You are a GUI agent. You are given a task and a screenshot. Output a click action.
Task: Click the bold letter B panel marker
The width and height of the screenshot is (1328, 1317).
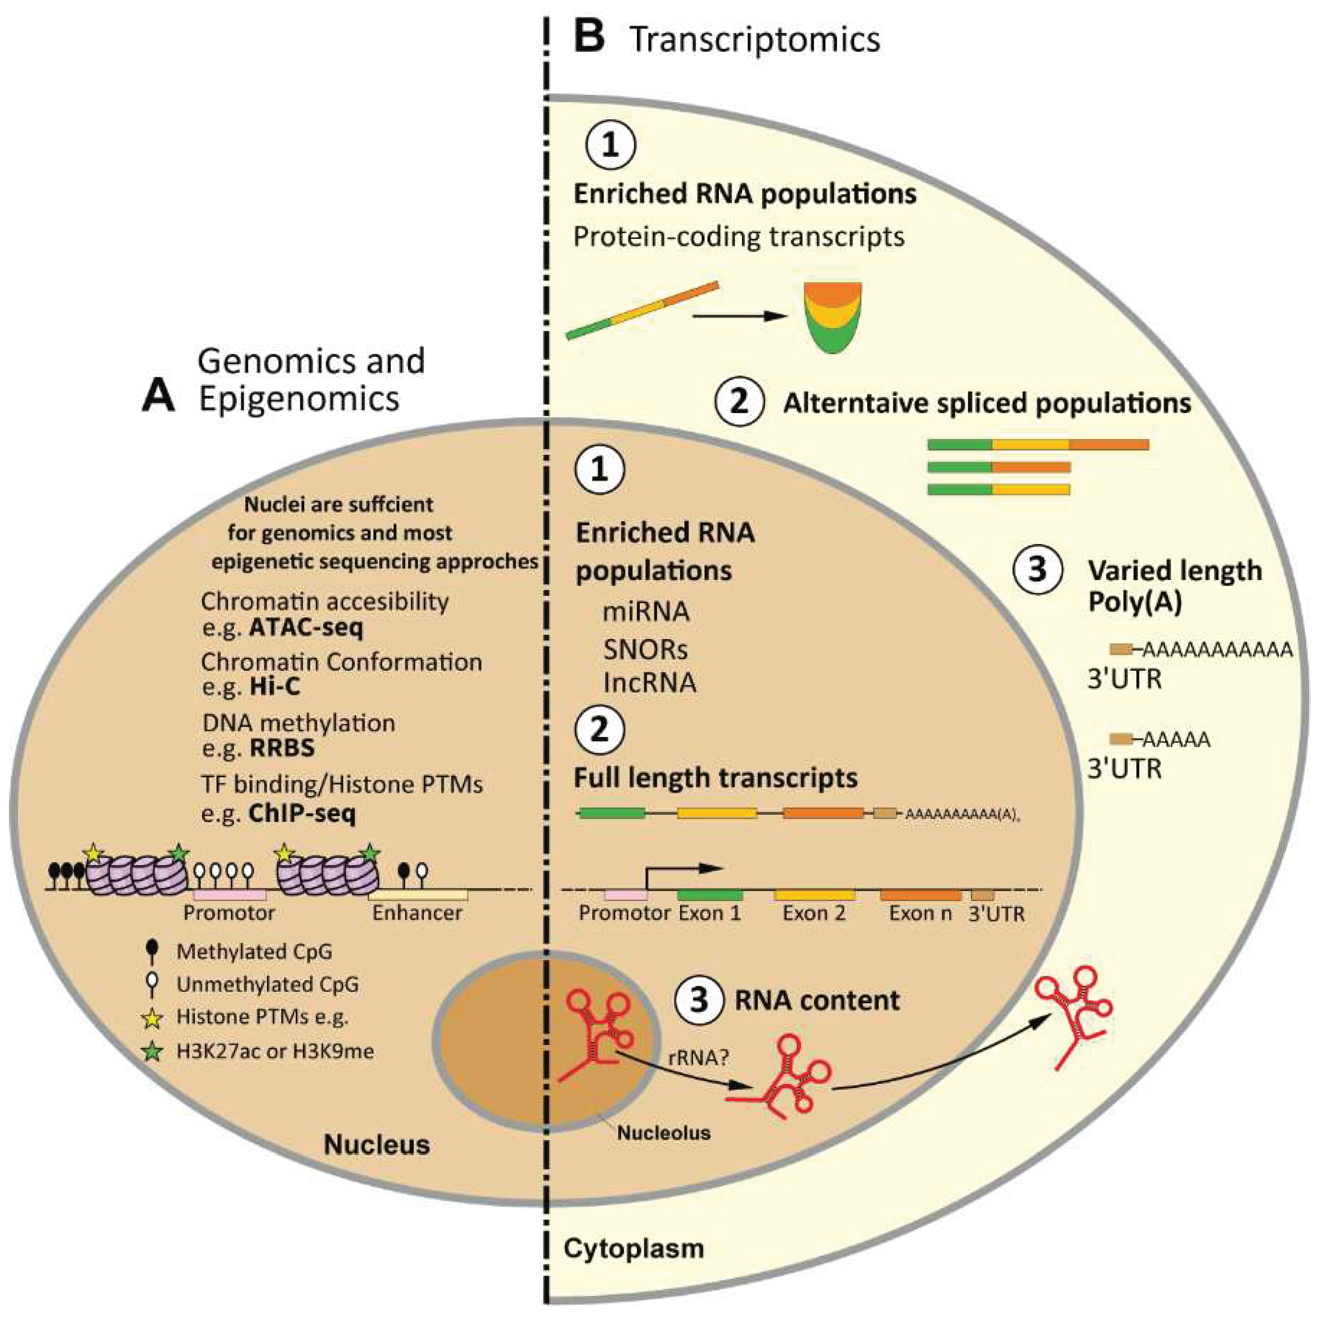tap(589, 38)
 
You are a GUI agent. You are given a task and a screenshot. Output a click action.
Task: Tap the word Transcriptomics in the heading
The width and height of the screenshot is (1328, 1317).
tap(755, 39)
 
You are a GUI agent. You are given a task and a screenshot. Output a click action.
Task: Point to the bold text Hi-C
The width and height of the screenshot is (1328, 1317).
tap(274, 686)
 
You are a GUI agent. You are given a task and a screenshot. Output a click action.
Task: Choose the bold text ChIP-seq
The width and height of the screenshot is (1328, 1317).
tap(302, 814)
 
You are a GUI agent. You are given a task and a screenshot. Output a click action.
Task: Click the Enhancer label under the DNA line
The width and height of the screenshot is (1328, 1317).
tap(417, 913)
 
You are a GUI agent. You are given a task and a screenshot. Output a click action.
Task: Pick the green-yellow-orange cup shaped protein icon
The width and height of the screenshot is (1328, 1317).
tap(833, 316)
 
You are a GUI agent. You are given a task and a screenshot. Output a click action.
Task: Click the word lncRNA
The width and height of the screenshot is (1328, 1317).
tap(650, 683)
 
